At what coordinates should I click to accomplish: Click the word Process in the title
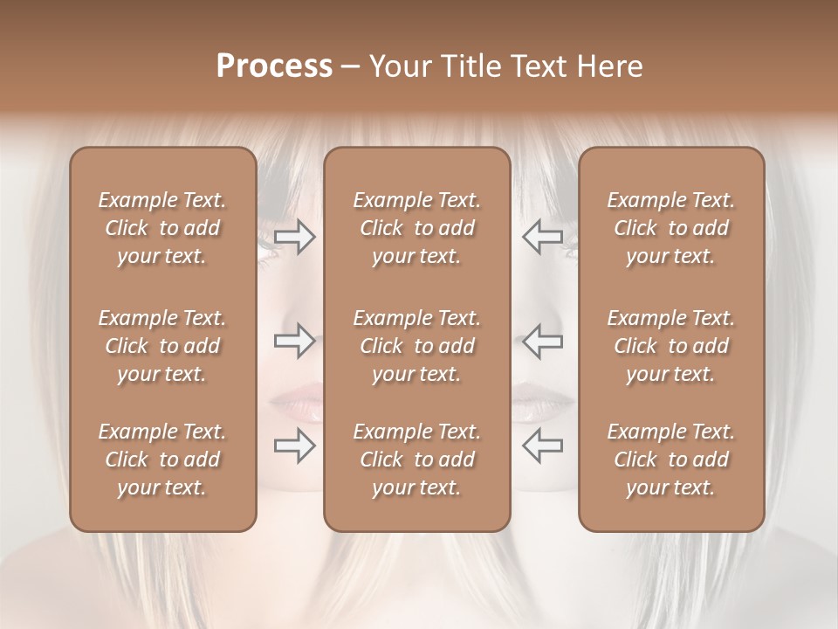point(274,66)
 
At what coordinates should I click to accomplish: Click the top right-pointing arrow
point(294,237)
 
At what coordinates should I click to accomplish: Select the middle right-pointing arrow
point(294,341)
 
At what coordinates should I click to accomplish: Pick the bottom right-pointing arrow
point(294,446)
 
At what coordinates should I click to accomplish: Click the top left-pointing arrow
point(543,237)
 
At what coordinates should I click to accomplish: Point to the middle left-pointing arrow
point(543,341)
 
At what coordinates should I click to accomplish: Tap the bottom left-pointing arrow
point(543,446)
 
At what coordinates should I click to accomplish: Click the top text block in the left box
point(162,228)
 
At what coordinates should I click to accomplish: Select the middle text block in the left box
point(162,346)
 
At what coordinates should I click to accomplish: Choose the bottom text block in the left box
point(162,460)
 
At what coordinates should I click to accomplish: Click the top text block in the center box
point(417,228)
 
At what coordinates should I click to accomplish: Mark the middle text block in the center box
point(417,346)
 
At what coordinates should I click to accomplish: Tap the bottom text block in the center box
point(417,460)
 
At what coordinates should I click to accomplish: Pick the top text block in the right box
point(671,228)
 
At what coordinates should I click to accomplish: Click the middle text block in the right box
point(671,346)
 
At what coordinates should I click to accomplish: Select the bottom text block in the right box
point(671,460)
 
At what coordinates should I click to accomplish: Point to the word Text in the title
point(536,66)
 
